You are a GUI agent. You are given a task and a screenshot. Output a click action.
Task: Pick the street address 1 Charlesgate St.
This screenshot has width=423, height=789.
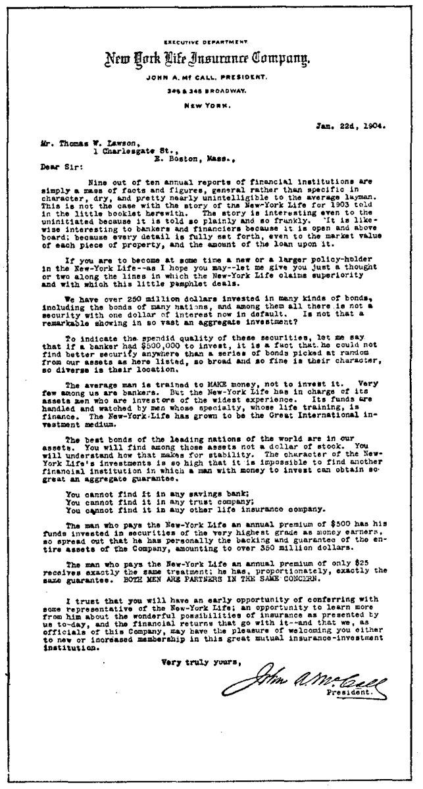(129, 150)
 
